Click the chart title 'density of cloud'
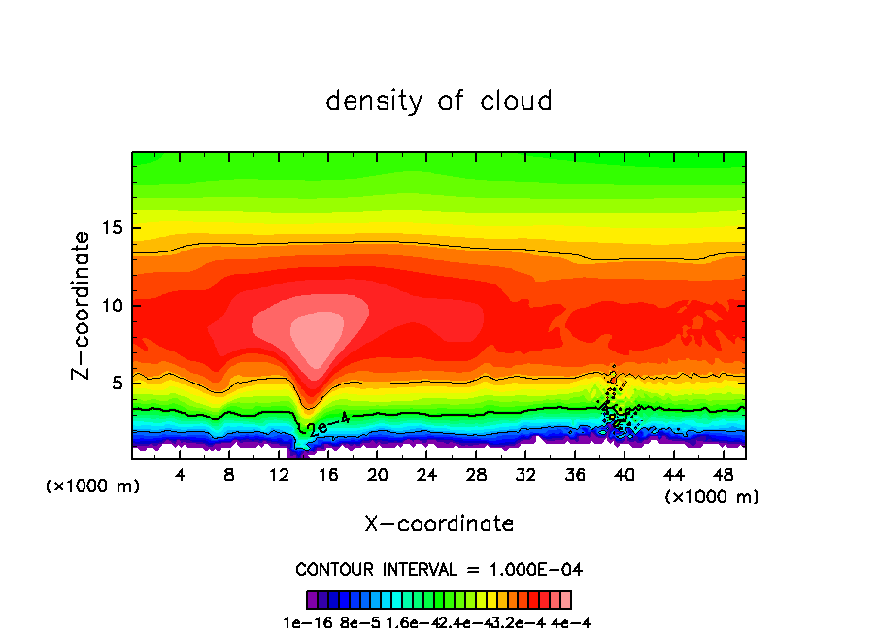tap(439, 101)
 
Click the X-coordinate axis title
tap(439, 524)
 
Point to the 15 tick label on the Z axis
tap(111, 229)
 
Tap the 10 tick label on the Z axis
tap(111, 306)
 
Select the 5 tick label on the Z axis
tap(116, 383)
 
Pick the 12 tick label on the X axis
tap(279, 476)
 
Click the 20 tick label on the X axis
tap(378, 476)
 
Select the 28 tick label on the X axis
tap(476, 476)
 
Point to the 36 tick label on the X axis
tap(575, 476)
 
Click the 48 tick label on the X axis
tap(723, 476)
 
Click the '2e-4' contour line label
tap(327, 422)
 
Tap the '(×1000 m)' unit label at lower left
tap(93, 486)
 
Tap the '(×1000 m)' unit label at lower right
tap(712, 497)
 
